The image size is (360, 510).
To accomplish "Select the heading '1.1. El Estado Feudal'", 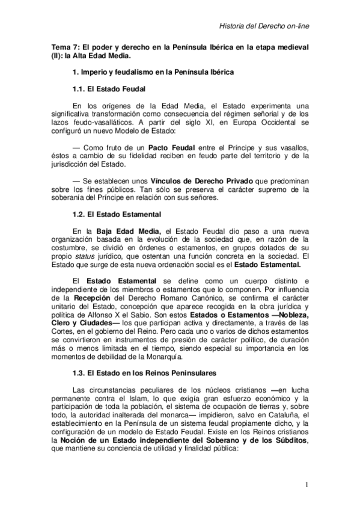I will (x=107, y=88).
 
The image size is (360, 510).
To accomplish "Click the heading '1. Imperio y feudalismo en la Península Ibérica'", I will (x=153, y=72).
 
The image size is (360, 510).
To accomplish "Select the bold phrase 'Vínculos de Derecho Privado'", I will (x=174, y=180).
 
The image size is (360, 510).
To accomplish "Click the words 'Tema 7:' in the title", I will (x=64, y=46).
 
